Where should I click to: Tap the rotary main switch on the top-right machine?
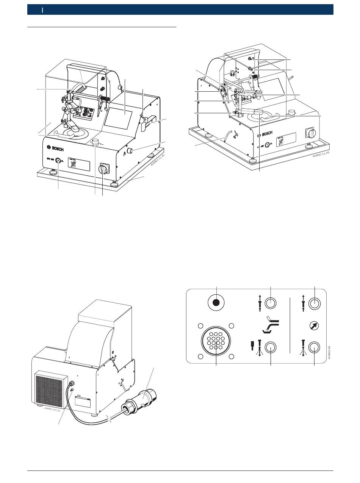click(x=310, y=134)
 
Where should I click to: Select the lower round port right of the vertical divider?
click(x=315, y=347)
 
